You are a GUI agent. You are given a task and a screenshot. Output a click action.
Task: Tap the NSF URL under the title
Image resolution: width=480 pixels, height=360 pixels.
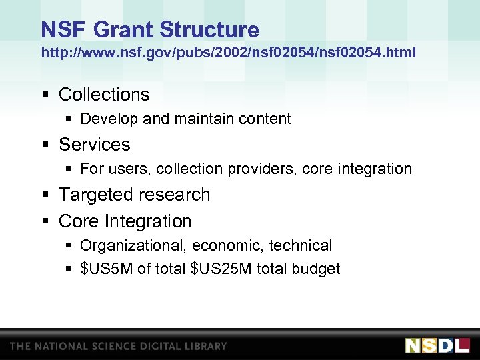pyautogui.click(x=228, y=52)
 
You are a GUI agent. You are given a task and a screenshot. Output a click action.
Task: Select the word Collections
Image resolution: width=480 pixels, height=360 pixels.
pyautogui.click(x=104, y=95)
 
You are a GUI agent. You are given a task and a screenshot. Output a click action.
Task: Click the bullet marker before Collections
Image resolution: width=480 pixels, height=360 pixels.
pyautogui.click(x=45, y=95)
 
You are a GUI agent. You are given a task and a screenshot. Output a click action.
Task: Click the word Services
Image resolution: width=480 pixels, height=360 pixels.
pyautogui.click(x=95, y=145)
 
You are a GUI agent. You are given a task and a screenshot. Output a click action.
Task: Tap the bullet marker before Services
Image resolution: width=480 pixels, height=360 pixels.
pyautogui.click(x=45, y=145)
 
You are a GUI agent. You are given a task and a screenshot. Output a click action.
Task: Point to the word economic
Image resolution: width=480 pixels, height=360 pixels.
pyautogui.click(x=231, y=246)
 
